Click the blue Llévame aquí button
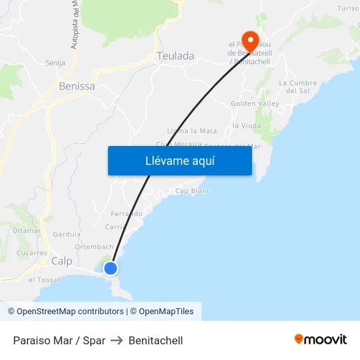click(x=179, y=160)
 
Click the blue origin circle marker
click(x=111, y=268)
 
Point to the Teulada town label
click(x=175, y=56)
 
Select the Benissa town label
click(x=77, y=86)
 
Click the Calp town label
click(x=62, y=261)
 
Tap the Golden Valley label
click(x=255, y=103)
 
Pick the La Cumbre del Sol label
click(x=298, y=86)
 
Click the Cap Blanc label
click(x=192, y=191)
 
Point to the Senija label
click(x=55, y=63)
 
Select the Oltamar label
click(x=26, y=230)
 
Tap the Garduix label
click(x=67, y=234)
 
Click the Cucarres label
click(x=32, y=253)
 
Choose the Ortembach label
click(x=94, y=247)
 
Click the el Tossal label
click(x=44, y=279)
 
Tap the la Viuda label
click(x=246, y=125)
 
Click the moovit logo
click(x=320, y=340)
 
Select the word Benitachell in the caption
click(x=156, y=340)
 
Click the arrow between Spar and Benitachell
click(x=117, y=340)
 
